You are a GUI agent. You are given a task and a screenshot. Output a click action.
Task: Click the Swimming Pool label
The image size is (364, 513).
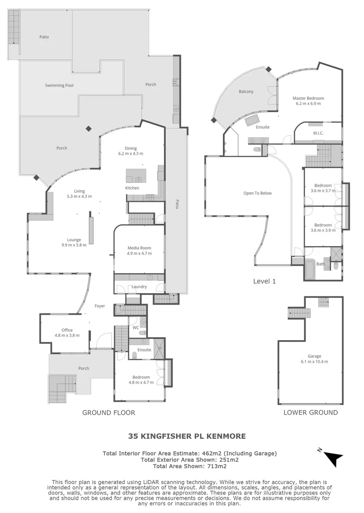pos(59,85)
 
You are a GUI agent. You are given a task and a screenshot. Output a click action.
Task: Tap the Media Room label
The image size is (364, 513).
pos(139,248)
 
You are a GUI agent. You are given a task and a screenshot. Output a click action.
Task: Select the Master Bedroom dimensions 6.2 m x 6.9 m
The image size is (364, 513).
pos(308,104)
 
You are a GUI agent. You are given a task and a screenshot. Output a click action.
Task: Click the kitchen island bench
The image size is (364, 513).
pos(136,176)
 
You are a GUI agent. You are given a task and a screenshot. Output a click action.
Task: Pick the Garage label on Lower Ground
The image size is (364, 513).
pos(314,356)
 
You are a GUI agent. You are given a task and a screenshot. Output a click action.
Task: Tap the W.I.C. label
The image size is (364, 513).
pos(318,133)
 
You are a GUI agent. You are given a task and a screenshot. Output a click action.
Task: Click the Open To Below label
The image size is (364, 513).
pos(258,193)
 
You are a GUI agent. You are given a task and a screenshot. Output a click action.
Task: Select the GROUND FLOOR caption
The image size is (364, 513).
pos(109,413)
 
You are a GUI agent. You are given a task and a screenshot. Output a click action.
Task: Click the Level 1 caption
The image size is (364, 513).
pos(265,281)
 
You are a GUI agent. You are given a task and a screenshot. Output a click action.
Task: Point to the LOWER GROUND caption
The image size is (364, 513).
pos(311,412)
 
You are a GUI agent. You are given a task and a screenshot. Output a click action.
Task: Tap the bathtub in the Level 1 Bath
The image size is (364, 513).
pos(309,269)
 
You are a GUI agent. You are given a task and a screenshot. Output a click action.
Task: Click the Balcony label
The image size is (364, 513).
pos(246,92)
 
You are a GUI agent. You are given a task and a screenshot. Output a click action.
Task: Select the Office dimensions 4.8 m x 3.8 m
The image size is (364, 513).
pos(67,335)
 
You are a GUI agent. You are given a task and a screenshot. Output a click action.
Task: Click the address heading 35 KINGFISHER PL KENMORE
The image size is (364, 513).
pos(187,436)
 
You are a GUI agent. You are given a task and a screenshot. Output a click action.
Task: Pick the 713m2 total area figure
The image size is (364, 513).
pos(217,466)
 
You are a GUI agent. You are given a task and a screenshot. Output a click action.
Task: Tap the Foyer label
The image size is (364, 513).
pos(100,306)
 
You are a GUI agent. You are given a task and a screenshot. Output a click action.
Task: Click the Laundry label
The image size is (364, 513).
pos(139,287)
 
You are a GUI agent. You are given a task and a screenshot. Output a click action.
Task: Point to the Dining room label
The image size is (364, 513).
pos(131,148)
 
